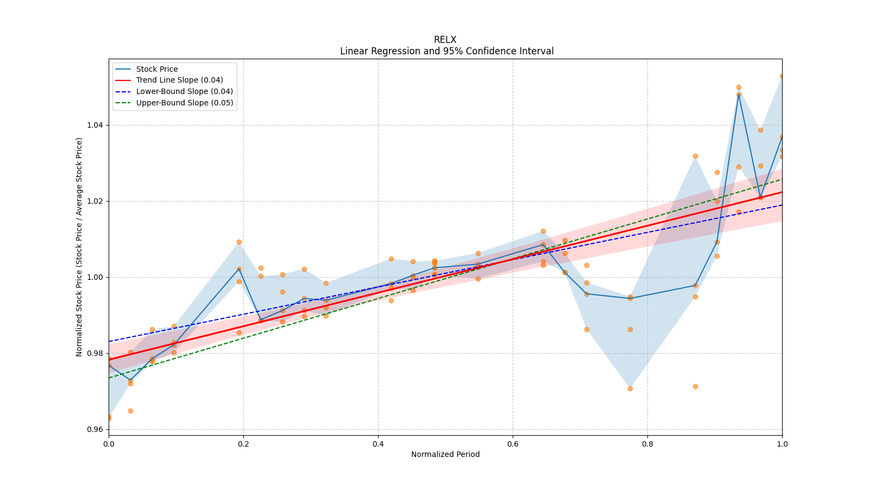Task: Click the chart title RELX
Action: [445, 40]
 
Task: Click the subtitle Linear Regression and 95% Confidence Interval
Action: [446, 51]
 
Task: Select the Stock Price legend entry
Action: [157, 69]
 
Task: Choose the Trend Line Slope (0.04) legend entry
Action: [179, 80]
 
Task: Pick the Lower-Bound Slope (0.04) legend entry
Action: [184, 92]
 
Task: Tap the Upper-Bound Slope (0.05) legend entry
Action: [184, 103]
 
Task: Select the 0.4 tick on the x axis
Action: [378, 444]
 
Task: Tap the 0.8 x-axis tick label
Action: [647, 444]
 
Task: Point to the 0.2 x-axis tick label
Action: [243, 444]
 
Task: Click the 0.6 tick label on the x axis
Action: [513, 444]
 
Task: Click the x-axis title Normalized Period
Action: [445, 454]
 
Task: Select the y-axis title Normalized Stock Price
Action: [79, 247]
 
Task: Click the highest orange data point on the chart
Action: [782, 77]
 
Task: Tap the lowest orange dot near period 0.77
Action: [630, 388]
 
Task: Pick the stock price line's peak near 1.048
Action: [739, 95]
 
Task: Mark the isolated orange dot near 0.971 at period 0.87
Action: [695, 386]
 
